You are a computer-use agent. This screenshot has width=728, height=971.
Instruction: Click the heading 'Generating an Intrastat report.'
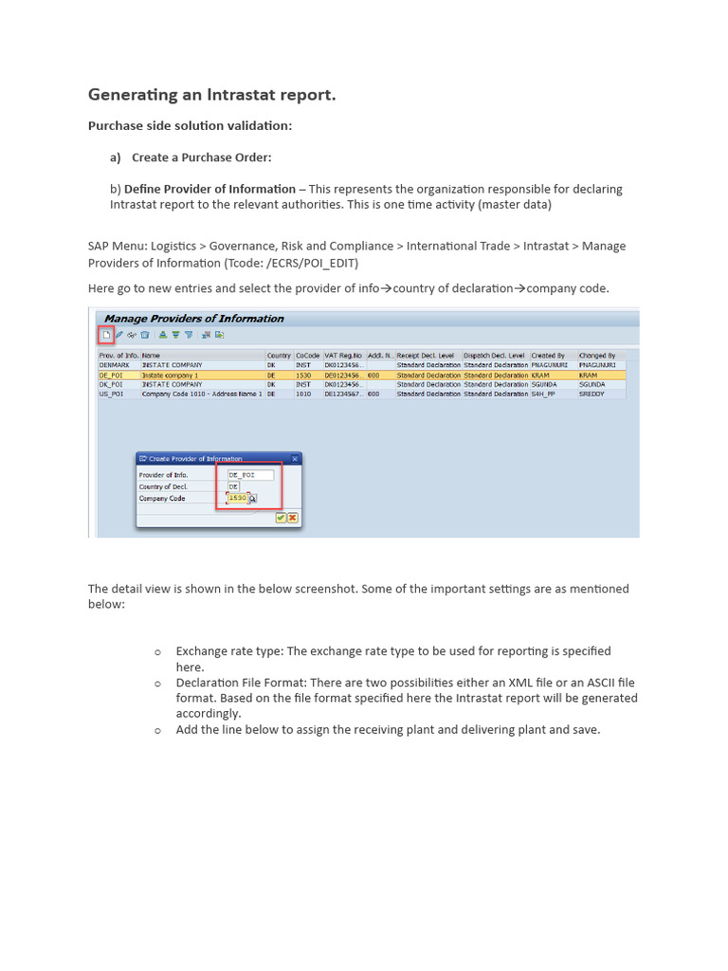[x=211, y=95]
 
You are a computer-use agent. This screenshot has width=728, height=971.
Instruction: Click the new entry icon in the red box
[x=107, y=335]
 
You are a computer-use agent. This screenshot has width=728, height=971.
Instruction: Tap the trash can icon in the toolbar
[x=145, y=335]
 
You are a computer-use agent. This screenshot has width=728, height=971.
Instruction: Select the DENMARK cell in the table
[x=114, y=364]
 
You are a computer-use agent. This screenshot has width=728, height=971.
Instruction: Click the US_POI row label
[x=111, y=394]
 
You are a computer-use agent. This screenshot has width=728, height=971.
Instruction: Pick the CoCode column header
[x=307, y=356]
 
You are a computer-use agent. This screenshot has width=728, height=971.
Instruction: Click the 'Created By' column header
[x=549, y=356]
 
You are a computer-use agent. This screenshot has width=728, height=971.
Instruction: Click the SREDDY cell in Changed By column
[x=593, y=394]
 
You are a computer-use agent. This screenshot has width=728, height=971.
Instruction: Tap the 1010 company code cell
[x=303, y=394]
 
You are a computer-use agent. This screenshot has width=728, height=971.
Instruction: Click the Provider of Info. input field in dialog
[x=249, y=475]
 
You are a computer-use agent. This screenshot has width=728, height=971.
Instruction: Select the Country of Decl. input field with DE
[x=234, y=486]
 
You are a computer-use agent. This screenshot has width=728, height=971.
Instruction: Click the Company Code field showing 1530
[x=237, y=498]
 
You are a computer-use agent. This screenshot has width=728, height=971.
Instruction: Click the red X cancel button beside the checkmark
[x=293, y=518]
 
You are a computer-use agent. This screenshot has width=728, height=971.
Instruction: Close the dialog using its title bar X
[x=295, y=459]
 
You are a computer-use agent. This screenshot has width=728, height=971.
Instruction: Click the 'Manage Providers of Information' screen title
[x=193, y=319]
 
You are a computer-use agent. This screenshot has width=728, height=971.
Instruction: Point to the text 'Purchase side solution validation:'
[x=190, y=126]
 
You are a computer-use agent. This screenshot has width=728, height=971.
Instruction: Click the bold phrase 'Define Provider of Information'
[x=209, y=189]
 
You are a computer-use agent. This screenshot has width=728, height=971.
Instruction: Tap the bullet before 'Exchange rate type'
[x=158, y=651]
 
